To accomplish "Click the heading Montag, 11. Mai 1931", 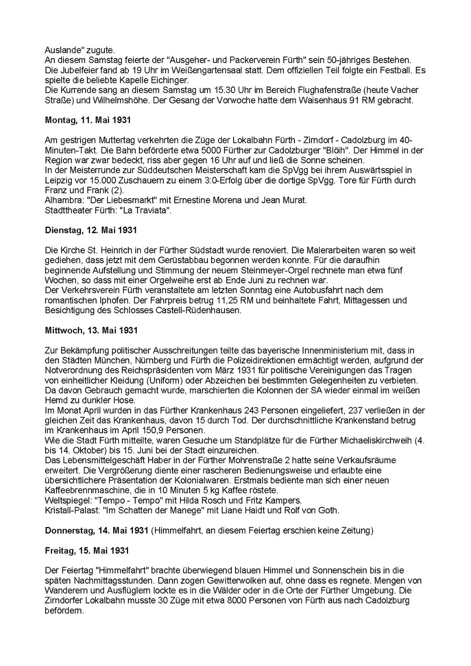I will [88, 120].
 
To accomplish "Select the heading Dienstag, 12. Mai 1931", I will [91, 230].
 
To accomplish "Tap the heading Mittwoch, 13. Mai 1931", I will [92, 330].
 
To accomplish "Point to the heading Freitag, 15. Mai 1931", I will [87, 550].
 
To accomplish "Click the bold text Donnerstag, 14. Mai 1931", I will [97, 530].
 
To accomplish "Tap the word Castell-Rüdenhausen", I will [200, 310].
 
